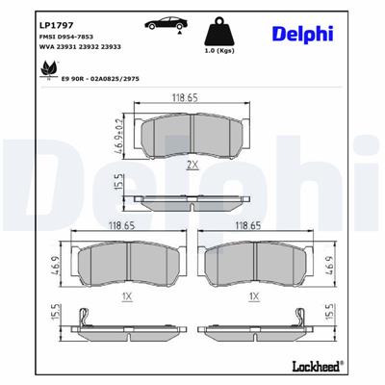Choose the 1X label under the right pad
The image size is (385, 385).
tap(252, 299)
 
